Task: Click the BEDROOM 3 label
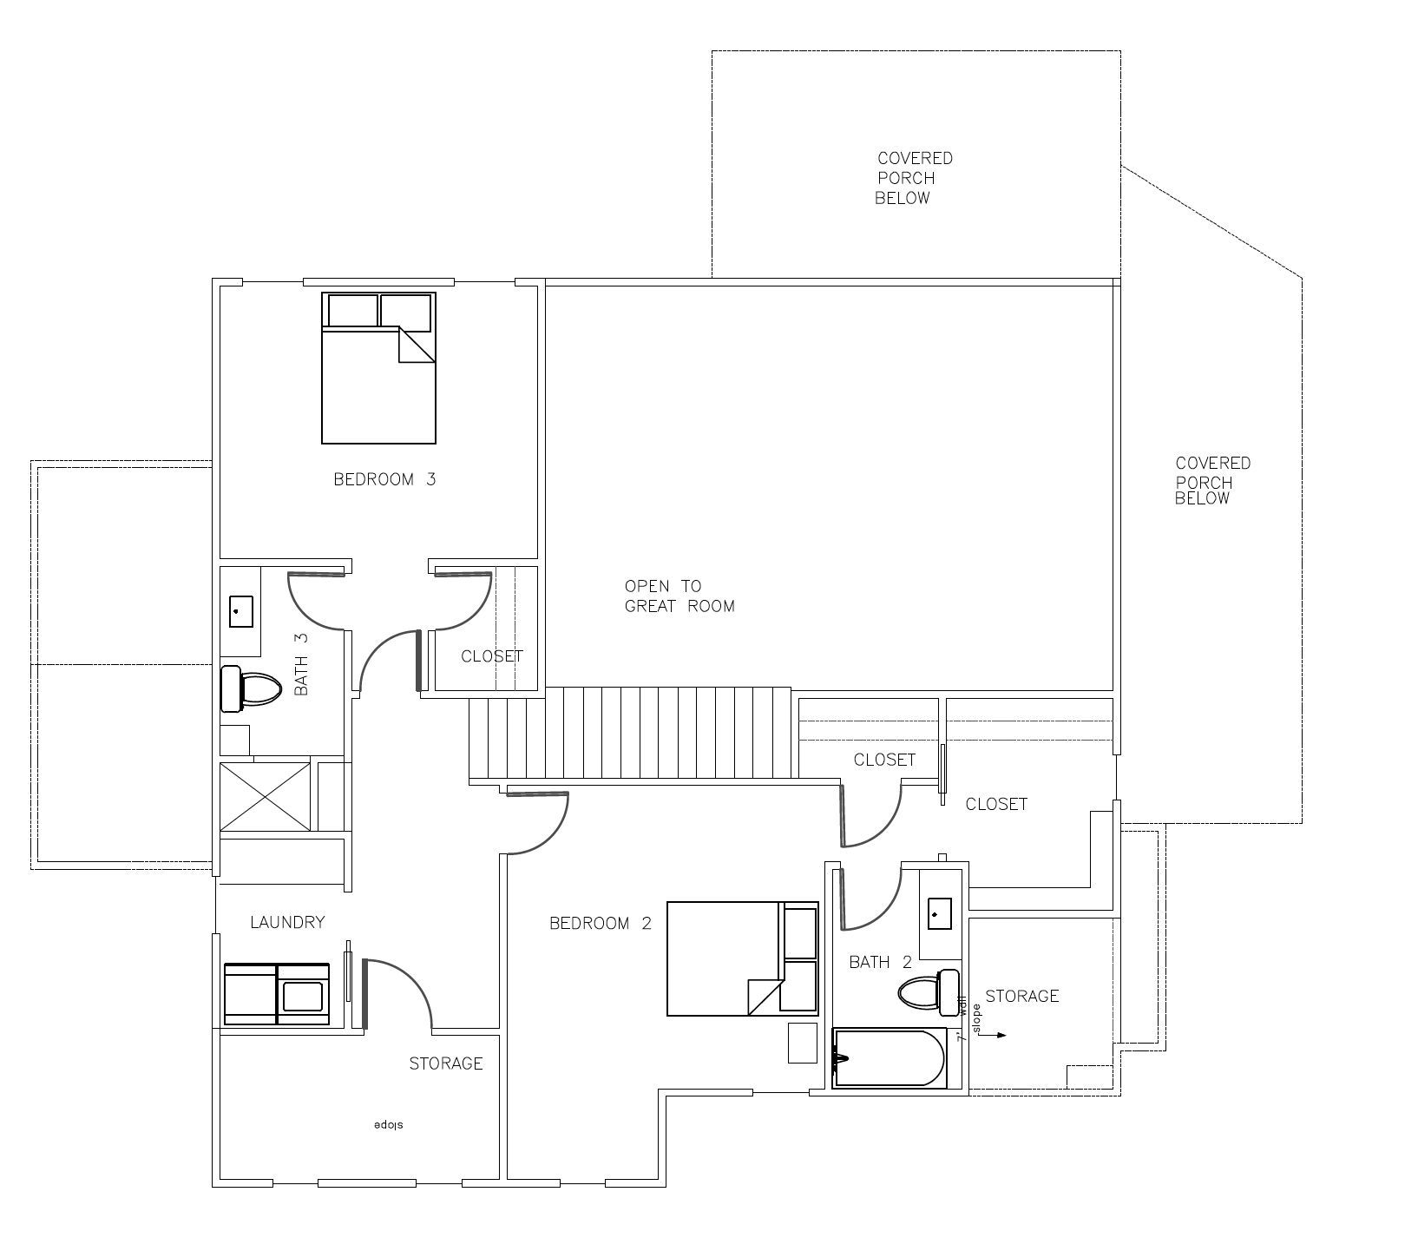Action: [384, 479]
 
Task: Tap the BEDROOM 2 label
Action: [601, 924]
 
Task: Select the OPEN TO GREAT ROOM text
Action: [679, 596]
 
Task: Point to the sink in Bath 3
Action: [241, 611]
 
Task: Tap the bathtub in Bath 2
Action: [889, 1057]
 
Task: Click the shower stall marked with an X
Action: [265, 797]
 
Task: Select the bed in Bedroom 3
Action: [378, 368]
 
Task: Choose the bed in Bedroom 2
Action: [743, 958]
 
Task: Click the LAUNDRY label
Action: [287, 923]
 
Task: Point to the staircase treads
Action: [631, 734]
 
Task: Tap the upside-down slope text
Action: [390, 1126]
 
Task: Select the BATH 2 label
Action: [881, 963]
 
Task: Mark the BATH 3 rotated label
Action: [301, 664]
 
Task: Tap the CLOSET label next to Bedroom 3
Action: [492, 656]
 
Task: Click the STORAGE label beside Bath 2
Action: [1022, 997]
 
